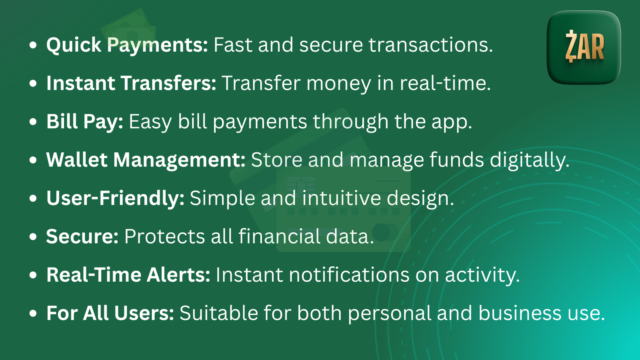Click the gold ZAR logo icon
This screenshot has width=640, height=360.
[584, 47]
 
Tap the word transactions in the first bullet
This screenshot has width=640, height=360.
[431, 45]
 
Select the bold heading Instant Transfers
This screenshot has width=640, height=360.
[132, 84]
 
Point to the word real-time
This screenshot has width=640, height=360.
[445, 84]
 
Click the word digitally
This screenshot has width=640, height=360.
[530, 160]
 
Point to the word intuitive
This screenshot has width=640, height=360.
[341, 198]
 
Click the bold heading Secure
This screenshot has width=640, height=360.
[82, 236]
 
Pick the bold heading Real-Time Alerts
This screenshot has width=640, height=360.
[128, 275]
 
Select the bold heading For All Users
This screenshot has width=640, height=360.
[110, 313]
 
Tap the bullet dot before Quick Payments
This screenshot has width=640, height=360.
[33, 45]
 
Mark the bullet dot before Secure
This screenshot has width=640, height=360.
[33, 236]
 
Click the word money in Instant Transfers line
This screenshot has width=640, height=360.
[338, 84]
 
